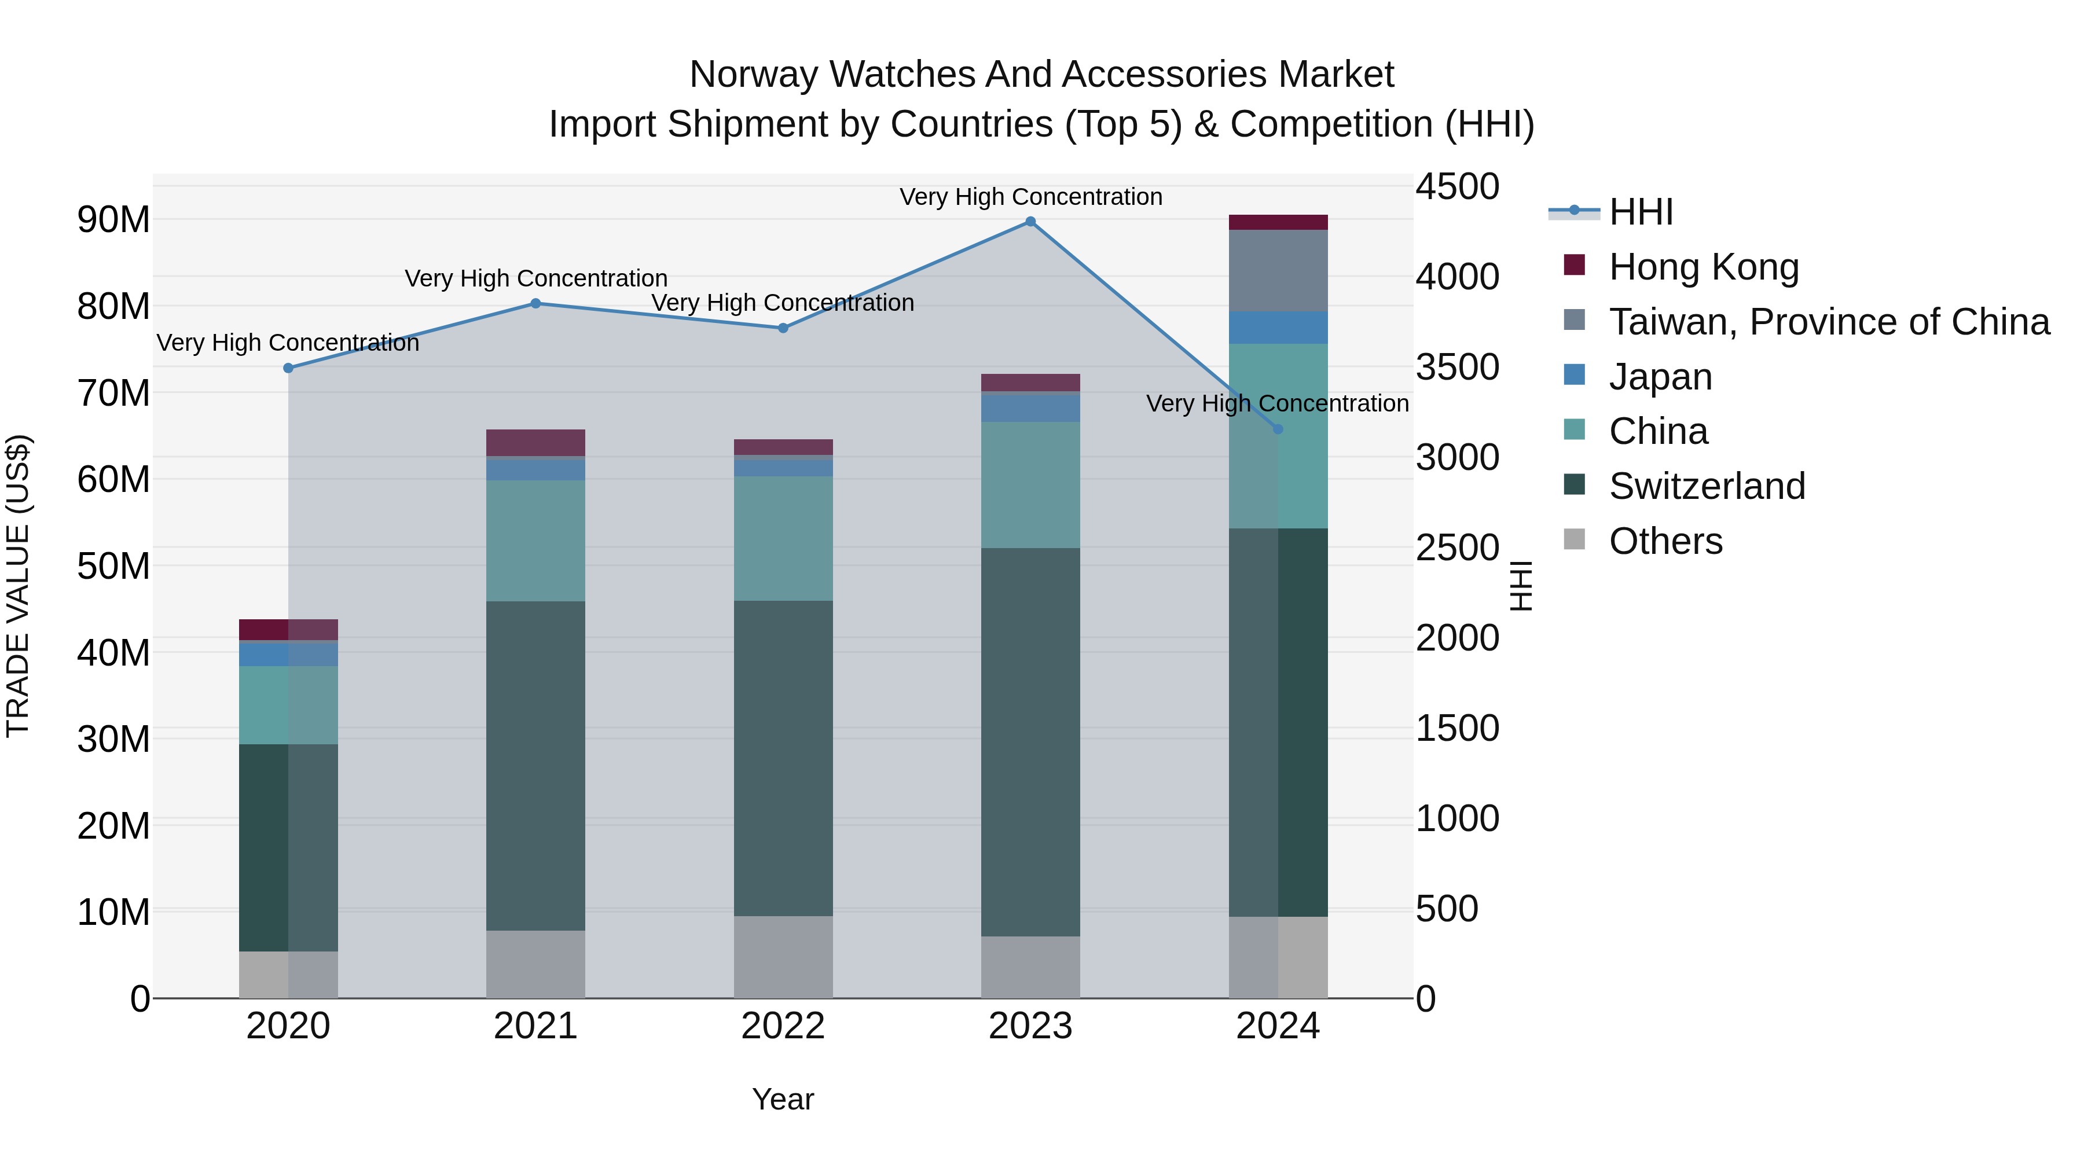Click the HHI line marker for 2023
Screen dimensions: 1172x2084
pos(1030,222)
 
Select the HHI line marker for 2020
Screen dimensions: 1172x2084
pos(288,368)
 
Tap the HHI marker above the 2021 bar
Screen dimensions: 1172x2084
pos(535,303)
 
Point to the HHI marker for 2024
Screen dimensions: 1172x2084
pos(1278,429)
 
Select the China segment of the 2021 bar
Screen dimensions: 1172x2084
pos(535,541)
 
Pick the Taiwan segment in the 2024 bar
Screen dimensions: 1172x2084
pos(1278,271)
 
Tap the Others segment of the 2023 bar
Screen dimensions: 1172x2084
pos(1030,967)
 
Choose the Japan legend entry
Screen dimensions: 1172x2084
pos(1660,377)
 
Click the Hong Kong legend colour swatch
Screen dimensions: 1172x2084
pos(1575,264)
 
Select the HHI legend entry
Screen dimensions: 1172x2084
pos(1641,212)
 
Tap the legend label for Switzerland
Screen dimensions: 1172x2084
pos(1707,486)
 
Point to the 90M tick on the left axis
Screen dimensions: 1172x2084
pos(113,220)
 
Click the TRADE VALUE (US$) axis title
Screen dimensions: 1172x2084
pos(18,586)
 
